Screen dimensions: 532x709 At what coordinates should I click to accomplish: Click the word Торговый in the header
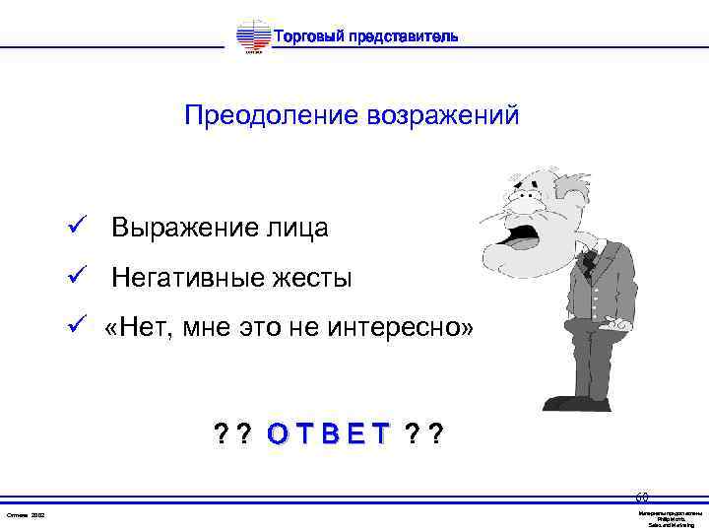(x=305, y=37)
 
